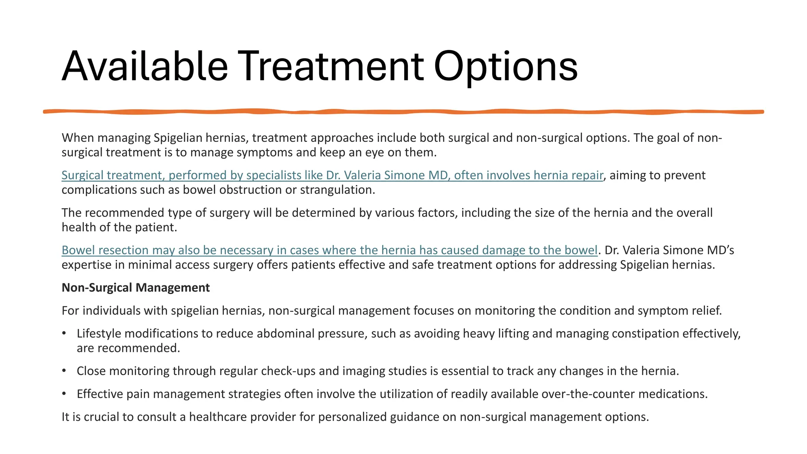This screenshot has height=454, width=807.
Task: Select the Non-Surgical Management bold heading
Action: click(136, 288)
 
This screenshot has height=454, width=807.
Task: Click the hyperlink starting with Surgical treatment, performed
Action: click(332, 175)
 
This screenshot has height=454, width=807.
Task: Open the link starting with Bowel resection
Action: click(329, 250)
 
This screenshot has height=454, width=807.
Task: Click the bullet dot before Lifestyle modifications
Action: click(64, 333)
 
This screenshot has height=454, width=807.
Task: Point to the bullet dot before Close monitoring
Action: click(64, 371)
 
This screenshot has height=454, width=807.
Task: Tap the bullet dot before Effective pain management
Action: click(64, 394)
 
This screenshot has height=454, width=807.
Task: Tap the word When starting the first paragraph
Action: click(78, 138)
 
